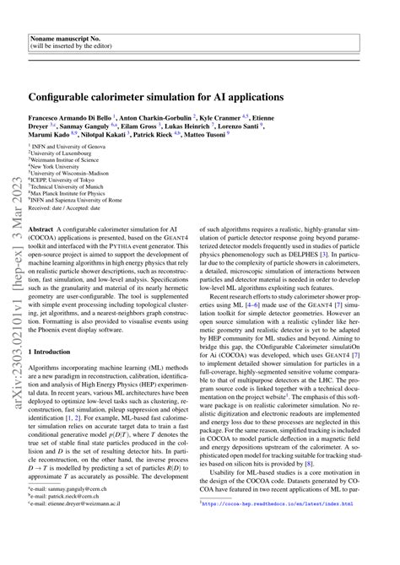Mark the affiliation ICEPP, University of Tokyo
(x=66, y=193)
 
